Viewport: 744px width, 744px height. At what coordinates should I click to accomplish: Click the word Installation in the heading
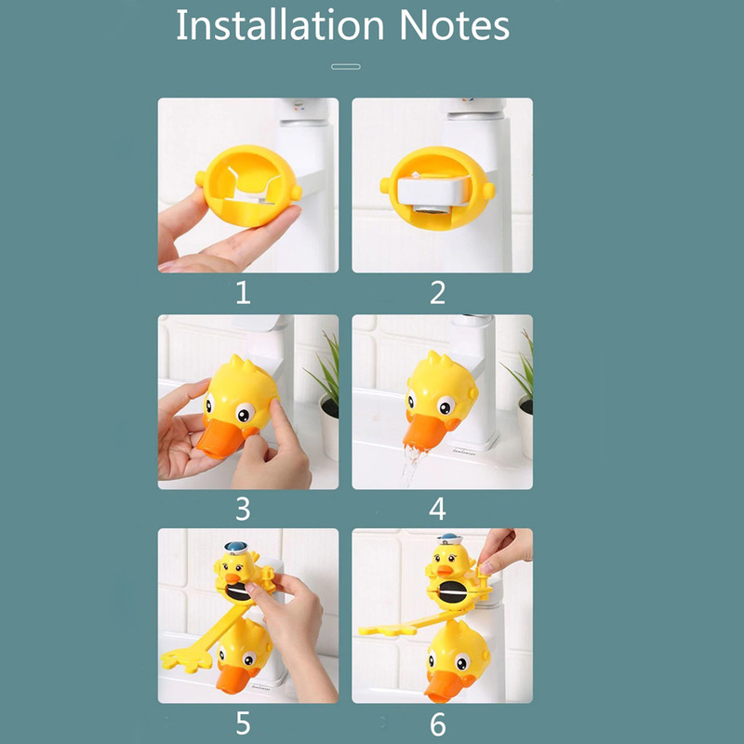point(280,25)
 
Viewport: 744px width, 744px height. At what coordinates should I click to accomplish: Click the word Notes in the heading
point(455,25)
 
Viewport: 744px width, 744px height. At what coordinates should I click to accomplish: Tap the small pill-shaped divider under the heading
point(345,67)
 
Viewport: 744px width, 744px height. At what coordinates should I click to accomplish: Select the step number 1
point(243,292)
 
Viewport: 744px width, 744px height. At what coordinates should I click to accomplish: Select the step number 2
point(437,292)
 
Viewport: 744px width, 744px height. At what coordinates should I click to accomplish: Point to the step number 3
point(243,509)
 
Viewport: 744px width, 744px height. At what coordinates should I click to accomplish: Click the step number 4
point(437,509)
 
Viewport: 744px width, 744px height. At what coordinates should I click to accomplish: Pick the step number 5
point(243,724)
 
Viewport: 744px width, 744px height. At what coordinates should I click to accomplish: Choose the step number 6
point(437,724)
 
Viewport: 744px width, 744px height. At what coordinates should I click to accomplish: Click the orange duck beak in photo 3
point(219,439)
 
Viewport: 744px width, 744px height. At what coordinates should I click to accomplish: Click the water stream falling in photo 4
point(410,468)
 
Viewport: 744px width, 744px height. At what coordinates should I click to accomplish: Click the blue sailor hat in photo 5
point(236,548)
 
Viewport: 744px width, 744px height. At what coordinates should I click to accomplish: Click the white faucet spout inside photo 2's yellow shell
point(433,191)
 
